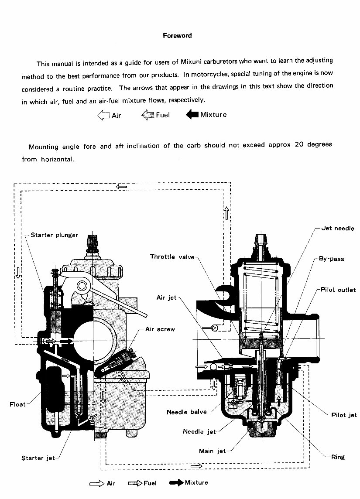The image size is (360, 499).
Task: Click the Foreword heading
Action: point(177,36)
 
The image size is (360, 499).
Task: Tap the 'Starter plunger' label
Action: point(55,235)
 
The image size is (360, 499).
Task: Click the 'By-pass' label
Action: point(331,259)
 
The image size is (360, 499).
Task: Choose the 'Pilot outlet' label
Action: point(338,290)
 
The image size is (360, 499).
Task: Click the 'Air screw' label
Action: point(160,329)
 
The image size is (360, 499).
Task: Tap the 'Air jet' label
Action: point(166,298)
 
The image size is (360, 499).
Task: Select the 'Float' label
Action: point(17,404)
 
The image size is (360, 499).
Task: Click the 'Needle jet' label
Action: point(199,432)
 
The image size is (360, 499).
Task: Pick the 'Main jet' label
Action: point(213,451)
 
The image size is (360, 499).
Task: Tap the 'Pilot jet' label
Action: point(344,415)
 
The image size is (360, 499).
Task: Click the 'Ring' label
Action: point(338,457)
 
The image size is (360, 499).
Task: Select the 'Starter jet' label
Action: point(38,458)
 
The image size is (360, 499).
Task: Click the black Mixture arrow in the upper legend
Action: point(192,115)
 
